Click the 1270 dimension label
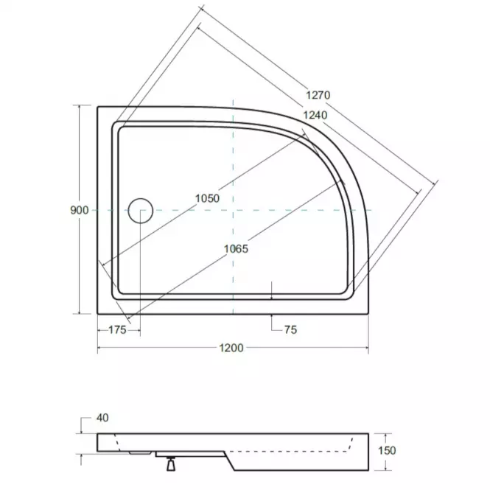coord(318,95)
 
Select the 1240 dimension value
coord(315,115)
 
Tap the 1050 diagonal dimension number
coord(207,198)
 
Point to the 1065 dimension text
coord(236,249)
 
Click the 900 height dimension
coord(80,210)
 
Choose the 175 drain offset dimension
coord(117,329)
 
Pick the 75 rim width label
coord(290,329)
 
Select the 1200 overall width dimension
coord(231,348)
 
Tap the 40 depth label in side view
coord(102,418)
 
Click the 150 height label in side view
coord(387,451)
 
